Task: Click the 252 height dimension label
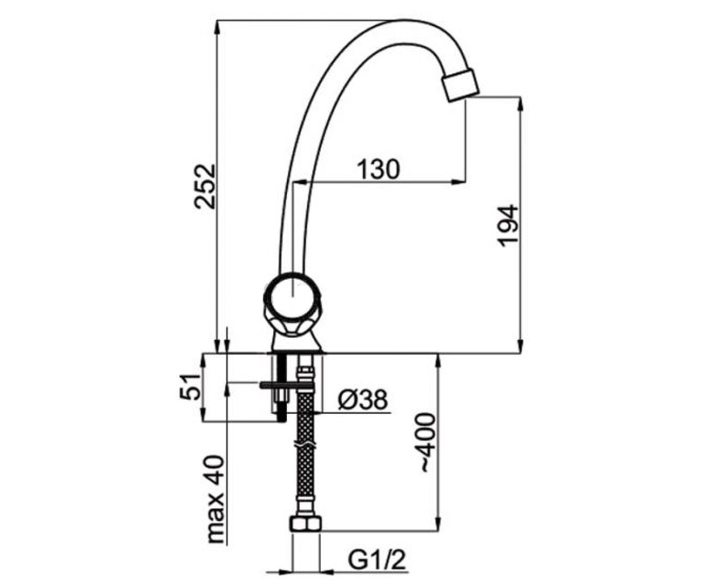coord(204,186)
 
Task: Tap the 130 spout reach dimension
coord(378,169)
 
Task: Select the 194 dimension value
coord(507,226)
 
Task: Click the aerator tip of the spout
coord(460,84)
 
